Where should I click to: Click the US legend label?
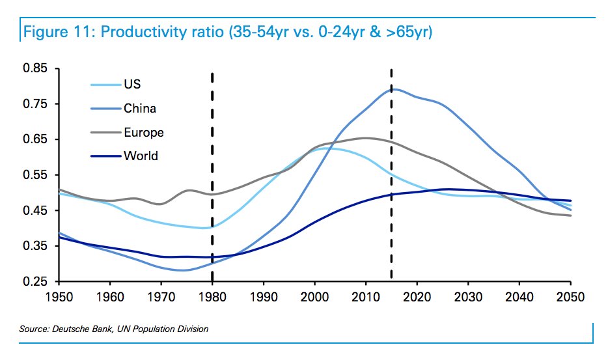[132, 85]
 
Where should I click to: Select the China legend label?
[140, 109]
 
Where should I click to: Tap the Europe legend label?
[144, 133]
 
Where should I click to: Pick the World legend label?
[141, 156]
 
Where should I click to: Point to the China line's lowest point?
[182, 270]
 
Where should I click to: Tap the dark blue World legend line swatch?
[105, 156]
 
